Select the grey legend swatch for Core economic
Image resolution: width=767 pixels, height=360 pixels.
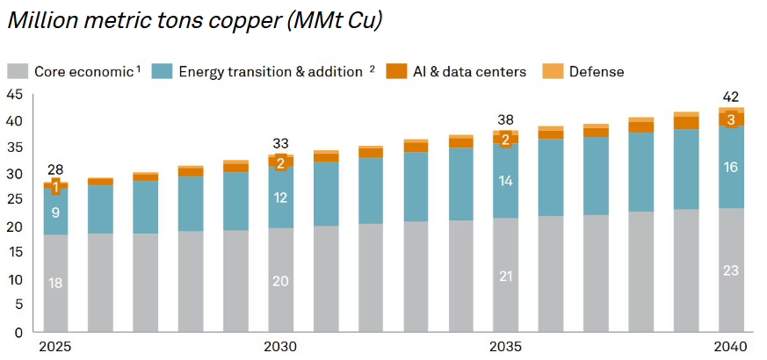pyautogui.click(x=18, y=71)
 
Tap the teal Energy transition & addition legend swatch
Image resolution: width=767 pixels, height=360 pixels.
pyautogui.click(x=163, y=71)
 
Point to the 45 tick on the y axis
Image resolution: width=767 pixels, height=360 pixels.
pyautogui.click(x=15, y=94)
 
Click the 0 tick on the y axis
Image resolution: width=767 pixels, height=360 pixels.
pyautogui.click(x=18, y=333)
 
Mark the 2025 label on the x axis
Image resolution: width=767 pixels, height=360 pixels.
pyautogui.click(x=54, y=348)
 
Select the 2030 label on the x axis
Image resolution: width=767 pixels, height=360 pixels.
pyautogui.click(x=279, y=348)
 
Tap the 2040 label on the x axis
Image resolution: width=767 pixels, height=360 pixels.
pyautogui.click(x=730, y=348)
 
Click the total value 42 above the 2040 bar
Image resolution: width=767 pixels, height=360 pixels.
pyautogui.click(x=730, y=97)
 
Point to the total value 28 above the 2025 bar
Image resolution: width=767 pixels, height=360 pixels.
pyautogui.click(x=54, y=169)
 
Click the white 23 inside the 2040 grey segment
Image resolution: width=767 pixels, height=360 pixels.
pyautogui.click(x=730, y=270)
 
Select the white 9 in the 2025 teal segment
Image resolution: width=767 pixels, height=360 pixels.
pyautogui.click(x=54, y=212)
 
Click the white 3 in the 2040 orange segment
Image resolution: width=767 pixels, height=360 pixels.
pyautogui.click(x=730, y=119)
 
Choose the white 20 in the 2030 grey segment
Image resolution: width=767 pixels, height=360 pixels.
pyautogui.click(x=279, y=281)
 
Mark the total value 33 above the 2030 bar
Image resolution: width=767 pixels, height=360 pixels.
pyautogui.click(x=279, y=144)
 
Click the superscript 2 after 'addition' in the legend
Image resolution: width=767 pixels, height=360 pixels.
pyautogui.click(x=372, y=68)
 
